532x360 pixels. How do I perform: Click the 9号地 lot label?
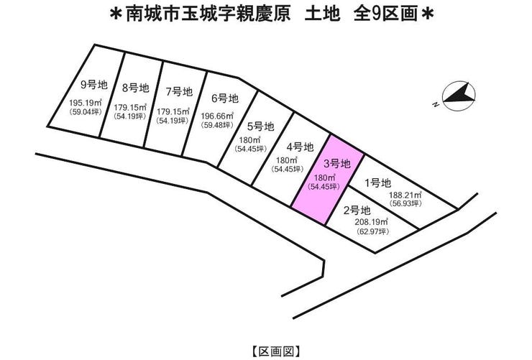94,84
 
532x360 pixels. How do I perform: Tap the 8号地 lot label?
135,88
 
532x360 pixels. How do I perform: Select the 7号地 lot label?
179,91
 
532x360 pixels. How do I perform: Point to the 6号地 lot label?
225,98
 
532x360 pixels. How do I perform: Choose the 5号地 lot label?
260,126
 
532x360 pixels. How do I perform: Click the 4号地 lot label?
300,147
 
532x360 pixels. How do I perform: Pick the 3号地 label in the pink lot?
336,164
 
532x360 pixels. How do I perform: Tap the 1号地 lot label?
377,183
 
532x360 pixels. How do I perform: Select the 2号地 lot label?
357,211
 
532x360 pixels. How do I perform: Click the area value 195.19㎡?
86,102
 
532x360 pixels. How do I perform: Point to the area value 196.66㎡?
217,116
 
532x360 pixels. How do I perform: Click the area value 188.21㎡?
405,195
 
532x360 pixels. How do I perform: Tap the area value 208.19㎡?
372,222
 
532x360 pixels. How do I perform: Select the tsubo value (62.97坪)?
372,231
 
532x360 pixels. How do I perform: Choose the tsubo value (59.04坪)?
85,111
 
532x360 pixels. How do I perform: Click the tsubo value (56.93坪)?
405,203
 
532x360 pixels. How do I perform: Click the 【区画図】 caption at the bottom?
276,351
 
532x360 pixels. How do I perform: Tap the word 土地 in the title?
322,14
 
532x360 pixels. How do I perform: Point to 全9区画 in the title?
385,14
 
